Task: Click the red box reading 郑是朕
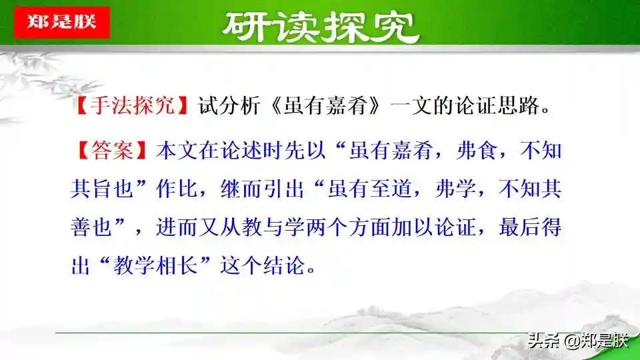click(61, 23)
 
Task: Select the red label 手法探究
click(133, 105)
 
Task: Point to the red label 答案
click(112, 150)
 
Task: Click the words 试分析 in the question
click(229, 105)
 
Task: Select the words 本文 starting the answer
click(177, 150)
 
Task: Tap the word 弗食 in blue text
click(477, 150)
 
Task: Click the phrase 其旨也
click(103, 189)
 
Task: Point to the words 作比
click(177, 189)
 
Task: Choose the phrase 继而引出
click(263, 189)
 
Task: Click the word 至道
click(391, 189)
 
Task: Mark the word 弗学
click(455, 189)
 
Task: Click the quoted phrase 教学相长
click(156, 265)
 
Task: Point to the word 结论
click(284, 265)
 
